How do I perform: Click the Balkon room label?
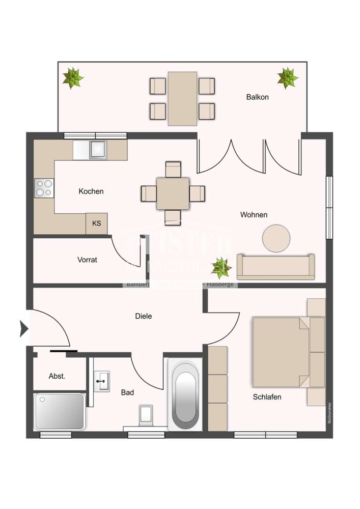257,97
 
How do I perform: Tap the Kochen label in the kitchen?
91,191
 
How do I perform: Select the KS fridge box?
96,223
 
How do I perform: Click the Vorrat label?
87,260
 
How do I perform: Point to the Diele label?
144,316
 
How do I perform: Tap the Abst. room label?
57,376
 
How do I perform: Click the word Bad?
127,392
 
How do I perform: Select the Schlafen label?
267,397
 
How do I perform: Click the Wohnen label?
254,215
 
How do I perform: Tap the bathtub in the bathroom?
185,394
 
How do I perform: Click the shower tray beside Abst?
59,411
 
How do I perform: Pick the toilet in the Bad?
146,413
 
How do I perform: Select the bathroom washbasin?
102,380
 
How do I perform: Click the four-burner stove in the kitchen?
44,188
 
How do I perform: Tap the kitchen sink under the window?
97,149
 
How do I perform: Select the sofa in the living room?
275,267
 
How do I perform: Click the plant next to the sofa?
221,266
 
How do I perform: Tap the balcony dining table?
182,98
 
